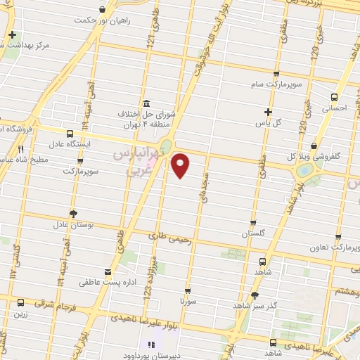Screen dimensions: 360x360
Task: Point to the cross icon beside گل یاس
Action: tap(268, 111)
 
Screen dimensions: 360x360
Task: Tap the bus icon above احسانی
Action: tap(334, 98)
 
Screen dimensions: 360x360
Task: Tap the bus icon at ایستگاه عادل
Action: tap(70, 133)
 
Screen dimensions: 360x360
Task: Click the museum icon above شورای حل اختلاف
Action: tap(146, 102)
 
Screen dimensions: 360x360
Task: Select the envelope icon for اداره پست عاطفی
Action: tap(107, 272)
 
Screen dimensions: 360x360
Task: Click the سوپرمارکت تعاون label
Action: tap(337, 247)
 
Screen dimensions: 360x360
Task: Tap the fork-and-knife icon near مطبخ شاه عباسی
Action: tap(20, 149)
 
